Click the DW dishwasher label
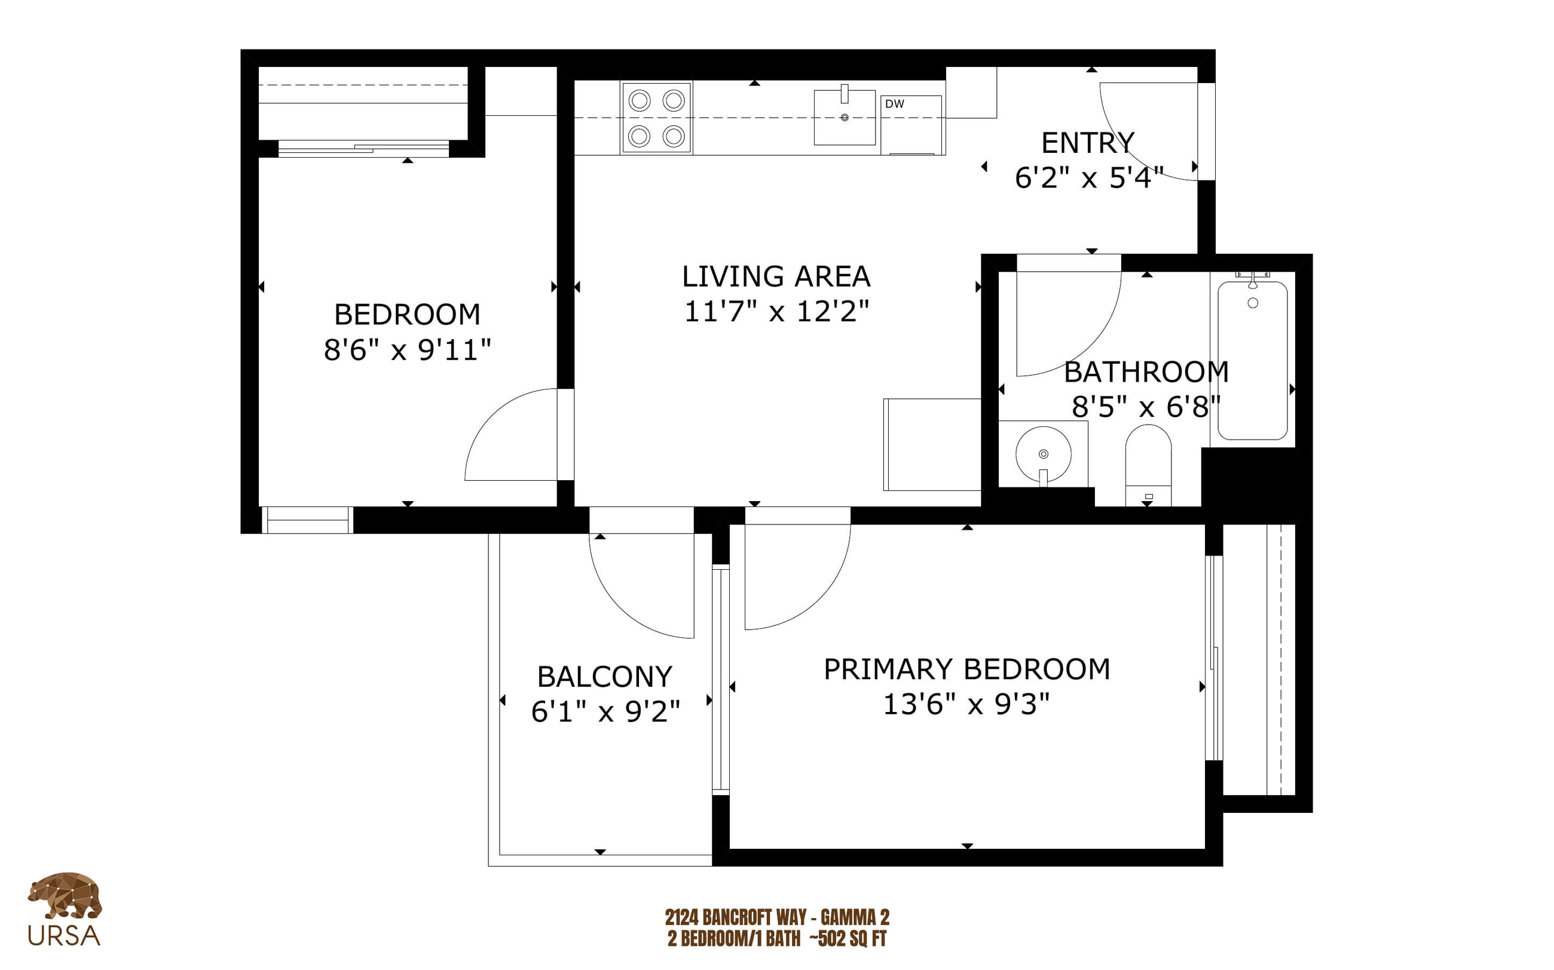(894, 104)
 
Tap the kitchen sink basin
(844, 118)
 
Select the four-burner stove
(656, 118)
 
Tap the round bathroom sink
(1043, 454)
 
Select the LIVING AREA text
(776, 277)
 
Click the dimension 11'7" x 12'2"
(776, 312)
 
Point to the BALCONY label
(605, 677)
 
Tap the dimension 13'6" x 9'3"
(966, 704)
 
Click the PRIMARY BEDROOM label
(966, 669)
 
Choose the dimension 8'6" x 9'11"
(408, 350)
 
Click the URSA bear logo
(64, 908)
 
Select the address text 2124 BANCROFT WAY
(735, 917)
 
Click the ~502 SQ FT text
(848, 938)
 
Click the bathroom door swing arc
(1091, 346)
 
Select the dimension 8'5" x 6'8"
(1146, 407)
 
